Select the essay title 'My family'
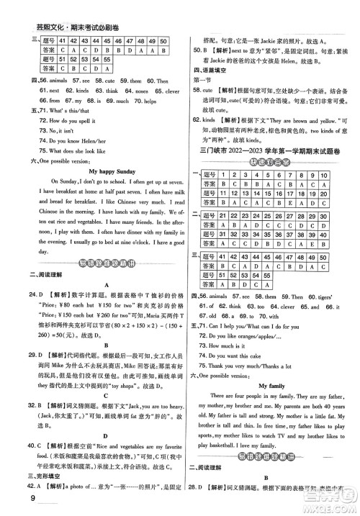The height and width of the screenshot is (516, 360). [x=271, y=386]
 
